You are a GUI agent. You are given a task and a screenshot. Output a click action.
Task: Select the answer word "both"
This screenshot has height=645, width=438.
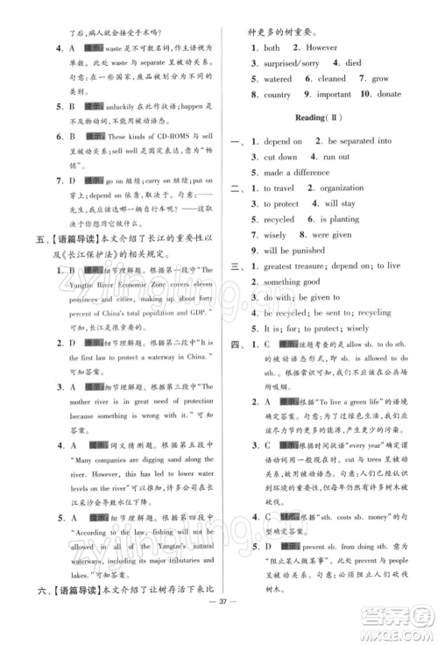click(272, 47)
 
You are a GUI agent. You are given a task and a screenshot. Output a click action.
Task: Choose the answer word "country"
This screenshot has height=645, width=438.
click(278, 95)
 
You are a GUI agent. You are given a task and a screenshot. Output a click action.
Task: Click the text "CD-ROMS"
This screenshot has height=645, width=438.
click(165, 137)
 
